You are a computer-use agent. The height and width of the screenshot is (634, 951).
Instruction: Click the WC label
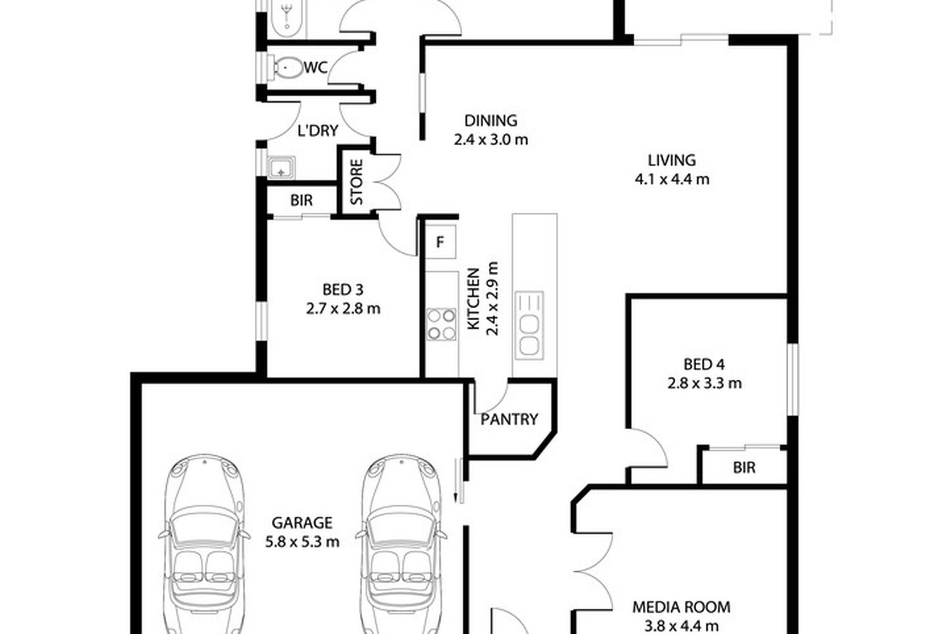tap(316, 67)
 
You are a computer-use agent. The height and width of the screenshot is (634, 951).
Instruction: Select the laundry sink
tap(281, 167)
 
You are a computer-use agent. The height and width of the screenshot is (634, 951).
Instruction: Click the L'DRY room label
tap(318, 131)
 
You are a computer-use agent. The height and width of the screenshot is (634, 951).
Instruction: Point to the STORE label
tap(356, 182)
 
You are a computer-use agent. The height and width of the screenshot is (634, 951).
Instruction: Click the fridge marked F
tap(441, 242)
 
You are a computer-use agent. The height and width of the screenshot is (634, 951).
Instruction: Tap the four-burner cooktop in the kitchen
tap(441, 325)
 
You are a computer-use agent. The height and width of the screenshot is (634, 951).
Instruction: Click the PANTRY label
tap(509, 420)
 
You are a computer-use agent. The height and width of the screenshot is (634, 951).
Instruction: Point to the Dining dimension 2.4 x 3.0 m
tap(491, 139)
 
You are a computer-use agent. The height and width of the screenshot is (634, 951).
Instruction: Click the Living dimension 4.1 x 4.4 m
tap(672, 179)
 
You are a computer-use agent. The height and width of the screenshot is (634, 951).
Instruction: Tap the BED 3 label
tap(342, 290)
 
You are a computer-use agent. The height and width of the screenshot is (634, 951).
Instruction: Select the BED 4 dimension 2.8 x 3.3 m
tap(704, 384)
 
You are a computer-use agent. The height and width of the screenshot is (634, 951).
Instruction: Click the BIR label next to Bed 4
tap(744, 468)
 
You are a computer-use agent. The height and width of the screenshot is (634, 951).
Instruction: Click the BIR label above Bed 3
tap(301, 200)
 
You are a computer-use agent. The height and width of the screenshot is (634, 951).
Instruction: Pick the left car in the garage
tap(204, 544)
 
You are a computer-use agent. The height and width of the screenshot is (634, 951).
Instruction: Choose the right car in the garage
tap(401, 544)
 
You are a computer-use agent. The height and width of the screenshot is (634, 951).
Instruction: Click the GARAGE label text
tap(302, 523)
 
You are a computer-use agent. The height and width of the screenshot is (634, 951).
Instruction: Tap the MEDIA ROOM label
tap(682, 607)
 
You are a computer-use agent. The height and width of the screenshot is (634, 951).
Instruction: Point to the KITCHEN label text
tap(474, 299)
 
